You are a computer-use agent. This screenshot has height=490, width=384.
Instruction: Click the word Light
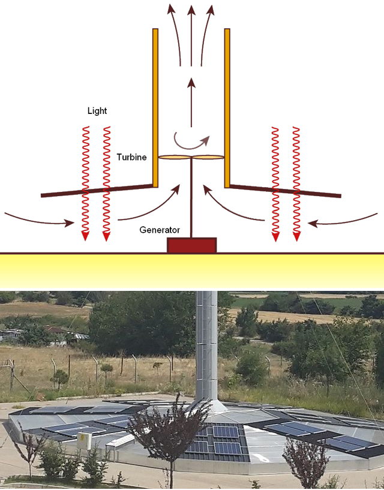pos(97,111)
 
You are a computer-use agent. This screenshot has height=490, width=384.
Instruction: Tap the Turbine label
pos(131,157)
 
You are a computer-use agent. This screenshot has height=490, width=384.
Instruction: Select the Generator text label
pos(160,230)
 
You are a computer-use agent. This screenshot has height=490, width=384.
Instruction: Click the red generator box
pos(191,245)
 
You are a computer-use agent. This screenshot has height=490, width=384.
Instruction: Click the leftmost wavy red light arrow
pos(85,180)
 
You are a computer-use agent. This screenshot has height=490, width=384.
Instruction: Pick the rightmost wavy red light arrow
pos(296,180)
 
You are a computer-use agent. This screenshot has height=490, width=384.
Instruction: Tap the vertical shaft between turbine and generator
pos(191,198)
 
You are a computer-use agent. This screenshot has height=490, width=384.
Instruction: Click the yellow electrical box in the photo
pos(83,441)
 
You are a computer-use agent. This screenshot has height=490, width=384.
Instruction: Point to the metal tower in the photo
pos(206,342)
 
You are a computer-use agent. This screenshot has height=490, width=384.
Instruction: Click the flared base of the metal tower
pos(206,405)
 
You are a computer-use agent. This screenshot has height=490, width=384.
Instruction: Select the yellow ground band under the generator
pos(191,270)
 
